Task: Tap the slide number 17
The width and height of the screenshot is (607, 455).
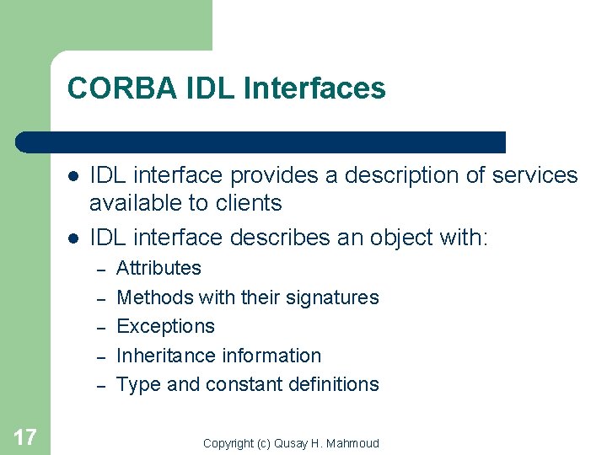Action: coord(24,436)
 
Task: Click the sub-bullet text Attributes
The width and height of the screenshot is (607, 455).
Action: coord(158,269)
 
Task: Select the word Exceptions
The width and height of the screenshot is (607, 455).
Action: coord(165,327)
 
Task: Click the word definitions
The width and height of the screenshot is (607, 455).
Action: coord(335,384)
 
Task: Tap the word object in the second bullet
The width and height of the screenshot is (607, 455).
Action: coord(392,238)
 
